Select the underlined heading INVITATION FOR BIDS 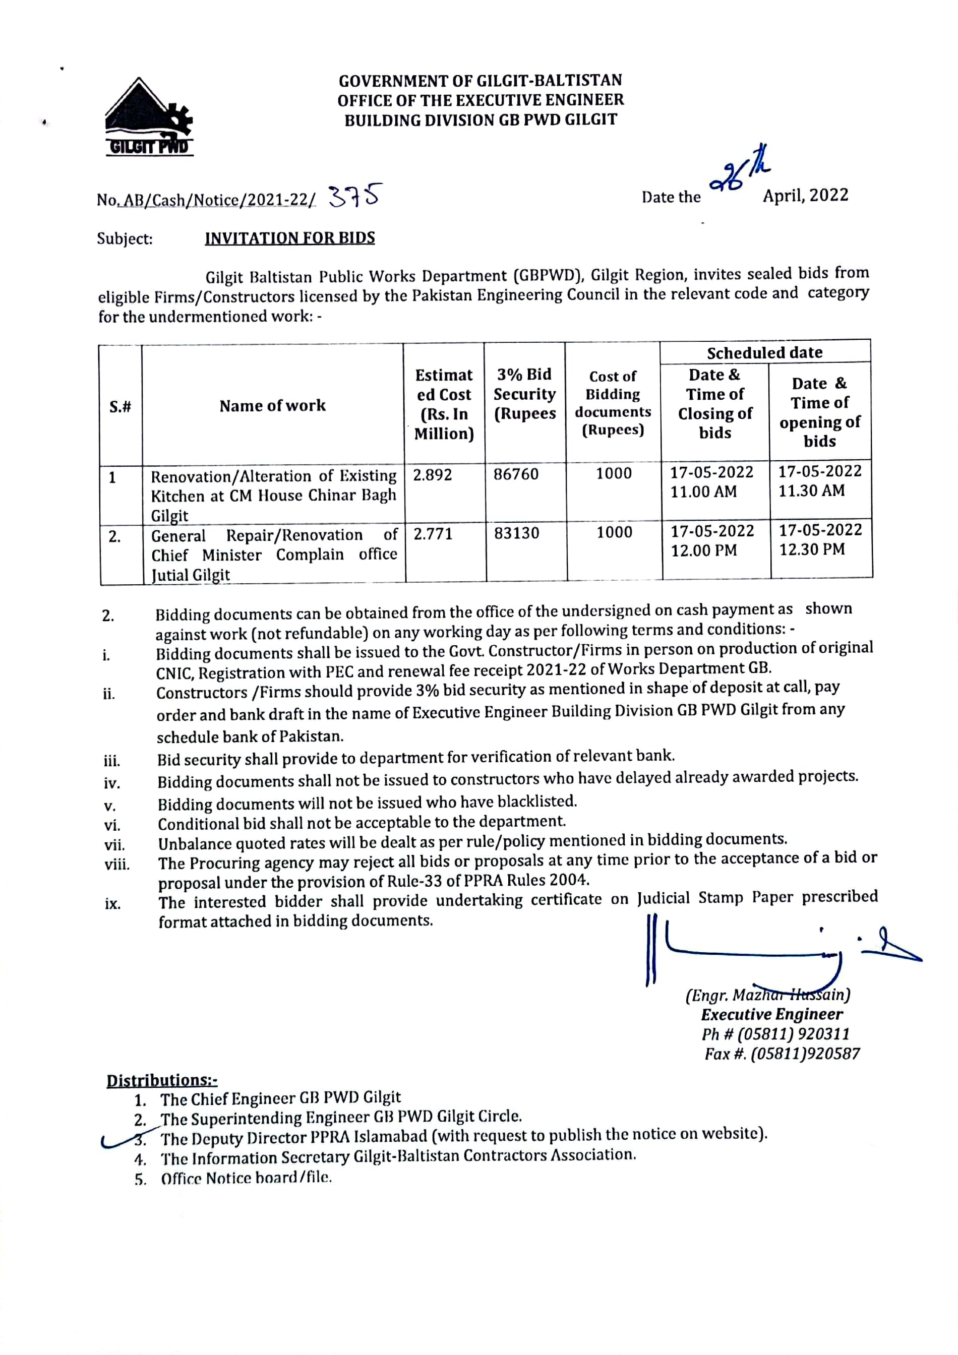[290, 238]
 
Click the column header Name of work [272, 405]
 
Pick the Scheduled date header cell [764, 352]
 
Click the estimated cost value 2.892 [432, 475]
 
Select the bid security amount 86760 [516, 474]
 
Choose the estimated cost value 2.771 [433, 534]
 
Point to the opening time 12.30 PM [812, 549]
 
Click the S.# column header [120, 407]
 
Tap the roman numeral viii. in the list [117, 865]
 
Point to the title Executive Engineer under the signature [771, 1014]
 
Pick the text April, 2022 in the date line [805, 196]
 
